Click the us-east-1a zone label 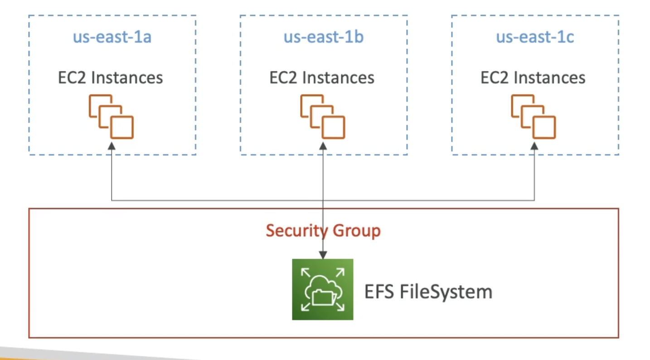point(112,37)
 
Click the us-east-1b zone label point(323,37)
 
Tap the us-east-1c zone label point(535,37)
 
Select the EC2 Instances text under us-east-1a point(110,78)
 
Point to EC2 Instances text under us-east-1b point(322,78)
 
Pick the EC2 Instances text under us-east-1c point(533,78)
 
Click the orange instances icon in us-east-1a point(111,117)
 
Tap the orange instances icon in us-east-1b point(323,117)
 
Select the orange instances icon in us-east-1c point(534,117)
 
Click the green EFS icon point(322,289)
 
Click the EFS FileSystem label point(428,291)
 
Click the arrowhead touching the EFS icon point(323,255)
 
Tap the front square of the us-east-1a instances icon point(122,127)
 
